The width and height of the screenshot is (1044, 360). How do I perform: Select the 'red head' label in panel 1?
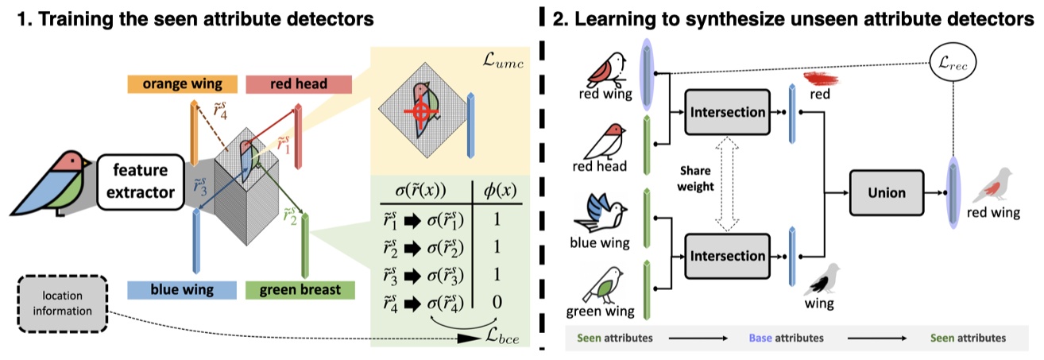tap(281, 84)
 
